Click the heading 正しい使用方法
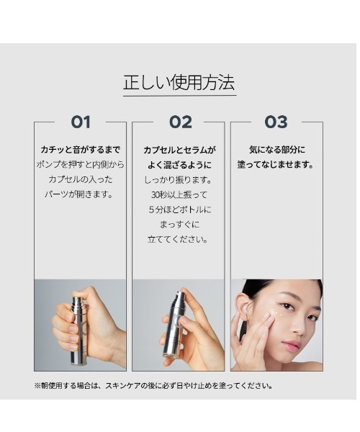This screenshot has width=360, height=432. (179, 82)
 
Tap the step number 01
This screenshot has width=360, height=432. (81, 122)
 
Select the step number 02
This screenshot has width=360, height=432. (181, 122)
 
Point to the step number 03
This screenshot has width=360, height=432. (276, 122)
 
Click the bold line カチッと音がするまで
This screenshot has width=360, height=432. (81, 150)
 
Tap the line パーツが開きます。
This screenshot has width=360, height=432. (79, 194)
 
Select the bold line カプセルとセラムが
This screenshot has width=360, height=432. (180, 150)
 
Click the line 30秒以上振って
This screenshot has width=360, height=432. (179, 195)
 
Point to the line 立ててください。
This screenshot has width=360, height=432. (178, 239)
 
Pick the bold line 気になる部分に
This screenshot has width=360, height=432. (277, 150)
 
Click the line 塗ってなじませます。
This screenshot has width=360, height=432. (276, 165)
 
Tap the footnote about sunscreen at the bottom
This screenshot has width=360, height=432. (153, 385)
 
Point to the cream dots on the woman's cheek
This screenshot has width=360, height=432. (277, 312)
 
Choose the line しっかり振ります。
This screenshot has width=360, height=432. (179, 180)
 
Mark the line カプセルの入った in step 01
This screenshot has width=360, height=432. (81, 179)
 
